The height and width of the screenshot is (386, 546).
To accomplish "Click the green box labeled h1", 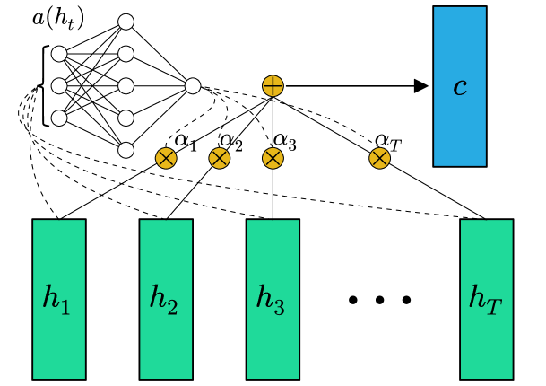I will tap(59, 299).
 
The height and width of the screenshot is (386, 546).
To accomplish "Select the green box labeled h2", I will tap(166, 299).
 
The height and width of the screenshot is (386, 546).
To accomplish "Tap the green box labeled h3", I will tap(273, 299).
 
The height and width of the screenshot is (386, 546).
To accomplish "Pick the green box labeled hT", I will tap(487, 299).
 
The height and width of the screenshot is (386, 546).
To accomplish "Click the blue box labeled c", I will tap(460, 86).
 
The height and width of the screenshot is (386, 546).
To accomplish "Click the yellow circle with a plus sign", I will tap(273, 86).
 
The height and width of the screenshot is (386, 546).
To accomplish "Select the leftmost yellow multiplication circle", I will tap(166, 158).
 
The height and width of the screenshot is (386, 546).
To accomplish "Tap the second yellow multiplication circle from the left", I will tap(220, 158).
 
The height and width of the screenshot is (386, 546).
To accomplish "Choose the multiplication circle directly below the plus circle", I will tap(273, 158).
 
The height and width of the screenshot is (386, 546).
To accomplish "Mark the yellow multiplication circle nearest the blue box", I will tap(380, 158).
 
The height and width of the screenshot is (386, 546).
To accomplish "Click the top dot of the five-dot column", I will tap(126, 22).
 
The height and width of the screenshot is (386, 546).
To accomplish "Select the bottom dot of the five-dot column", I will tap(126, 150).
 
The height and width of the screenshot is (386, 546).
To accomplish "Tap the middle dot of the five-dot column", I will tap(126, 86).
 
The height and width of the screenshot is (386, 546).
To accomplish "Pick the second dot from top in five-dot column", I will tap(126, 54).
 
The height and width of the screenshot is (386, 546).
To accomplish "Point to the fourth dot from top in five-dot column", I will tap(126, 118).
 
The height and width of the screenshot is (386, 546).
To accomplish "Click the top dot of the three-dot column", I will tap(59, 54).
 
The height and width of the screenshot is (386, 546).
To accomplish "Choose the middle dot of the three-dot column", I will tap(59, 86).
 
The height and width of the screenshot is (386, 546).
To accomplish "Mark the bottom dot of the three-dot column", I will tap(59, 118).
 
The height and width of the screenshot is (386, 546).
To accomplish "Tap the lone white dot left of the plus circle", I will tap(193, 86).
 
